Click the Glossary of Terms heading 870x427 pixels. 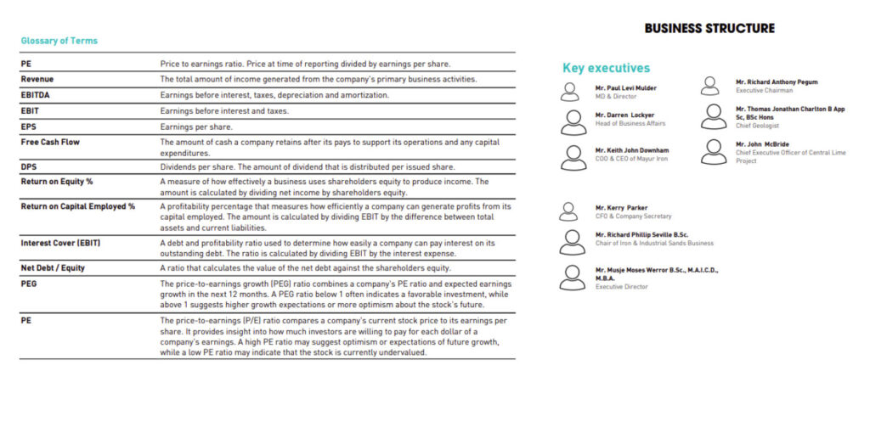coord(59,41)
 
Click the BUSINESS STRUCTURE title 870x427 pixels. coord(709,28)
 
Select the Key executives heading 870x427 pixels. coord(606,68)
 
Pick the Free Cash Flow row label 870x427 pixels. coord(50,142)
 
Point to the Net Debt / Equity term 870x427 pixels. coord(53,268)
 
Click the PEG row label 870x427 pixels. coord(29,284)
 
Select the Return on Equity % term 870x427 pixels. coord(57,181)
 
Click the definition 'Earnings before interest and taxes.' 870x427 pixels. coord(224,111)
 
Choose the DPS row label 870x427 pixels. coord(29,166)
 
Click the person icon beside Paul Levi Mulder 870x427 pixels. coord(574,91)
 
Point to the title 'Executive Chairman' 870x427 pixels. coord(764,90)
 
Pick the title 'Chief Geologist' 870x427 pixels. coord(760,125)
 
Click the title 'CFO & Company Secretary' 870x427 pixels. coord(633,216)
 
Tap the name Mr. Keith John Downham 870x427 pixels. coord(632,150)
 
